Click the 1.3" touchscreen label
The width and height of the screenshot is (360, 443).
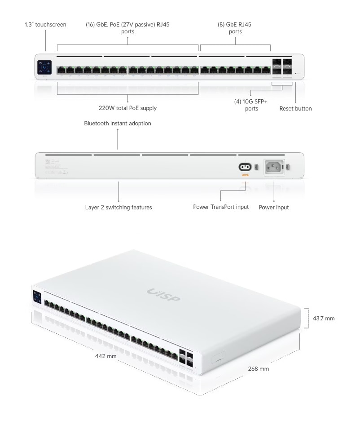45,25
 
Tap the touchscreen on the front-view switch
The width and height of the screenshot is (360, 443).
45,67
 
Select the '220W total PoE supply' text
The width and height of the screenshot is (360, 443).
127,108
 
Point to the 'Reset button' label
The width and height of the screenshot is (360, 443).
295,108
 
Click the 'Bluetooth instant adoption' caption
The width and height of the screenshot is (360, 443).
118,123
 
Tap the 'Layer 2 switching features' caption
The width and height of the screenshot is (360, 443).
119,208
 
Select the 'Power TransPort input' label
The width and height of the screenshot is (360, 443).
221,207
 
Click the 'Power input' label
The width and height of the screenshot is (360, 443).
274,208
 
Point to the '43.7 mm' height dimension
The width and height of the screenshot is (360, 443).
324,319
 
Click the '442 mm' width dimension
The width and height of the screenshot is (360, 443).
106,356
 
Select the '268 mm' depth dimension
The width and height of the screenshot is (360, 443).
259,369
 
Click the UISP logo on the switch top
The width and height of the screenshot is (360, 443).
163,295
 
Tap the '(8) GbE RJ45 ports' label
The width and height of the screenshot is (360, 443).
235,28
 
